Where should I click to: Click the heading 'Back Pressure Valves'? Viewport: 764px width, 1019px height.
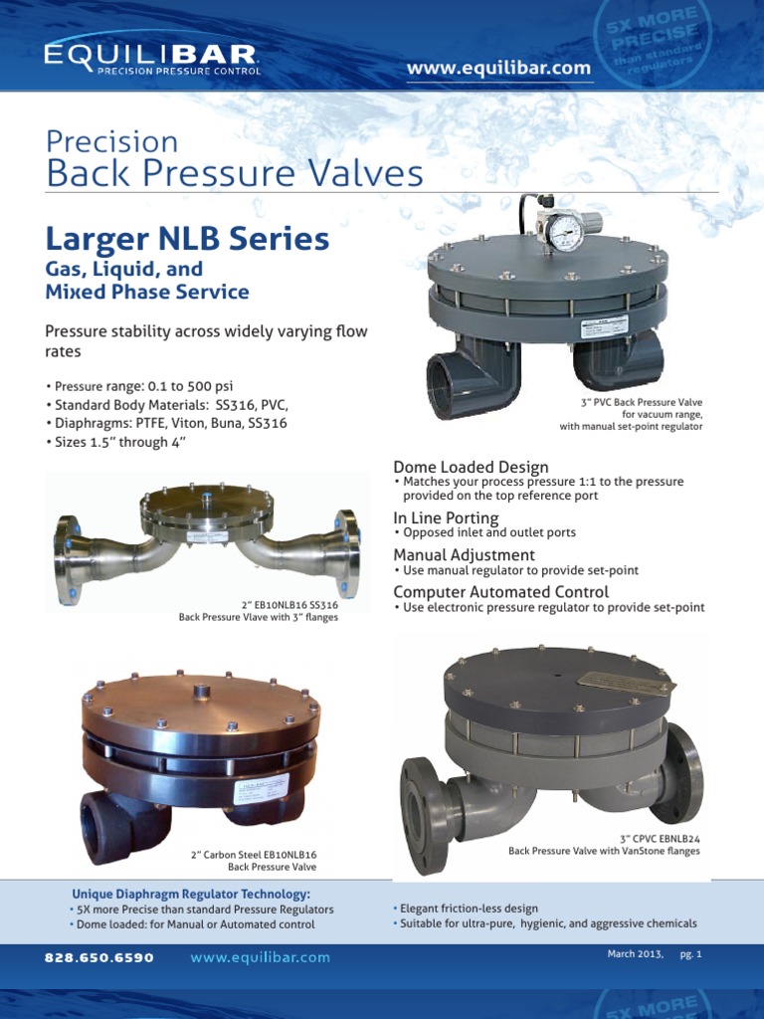click(x=235, y=174)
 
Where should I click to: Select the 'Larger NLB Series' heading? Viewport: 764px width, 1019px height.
click(x=187, y=239)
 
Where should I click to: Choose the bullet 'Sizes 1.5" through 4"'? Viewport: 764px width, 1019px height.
click(x=115, y=443)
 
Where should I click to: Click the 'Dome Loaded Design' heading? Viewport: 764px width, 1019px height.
click(x=471, y=467)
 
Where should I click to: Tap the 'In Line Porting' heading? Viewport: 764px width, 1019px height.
click(x=446, y=518)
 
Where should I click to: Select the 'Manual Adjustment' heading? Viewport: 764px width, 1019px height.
click(x=464, y=554)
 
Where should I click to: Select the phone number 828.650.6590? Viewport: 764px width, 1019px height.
click(x=99, y=958)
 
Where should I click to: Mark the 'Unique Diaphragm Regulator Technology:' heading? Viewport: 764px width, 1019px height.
click(x=191, y=894)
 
